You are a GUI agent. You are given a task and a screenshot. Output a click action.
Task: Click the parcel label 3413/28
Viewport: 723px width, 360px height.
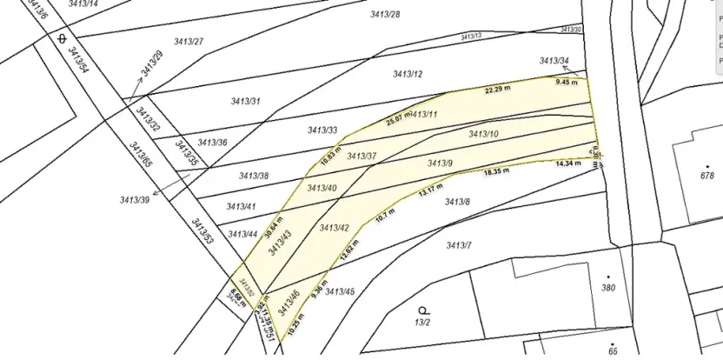(x=385, y=15)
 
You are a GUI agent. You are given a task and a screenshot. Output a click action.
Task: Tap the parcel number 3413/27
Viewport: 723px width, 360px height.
(x=189, y=42)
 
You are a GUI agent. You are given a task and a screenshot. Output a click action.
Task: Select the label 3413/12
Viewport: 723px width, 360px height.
(x=408, y=74)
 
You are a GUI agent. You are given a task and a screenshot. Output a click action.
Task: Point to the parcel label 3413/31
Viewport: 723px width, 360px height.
(x=245, y=102)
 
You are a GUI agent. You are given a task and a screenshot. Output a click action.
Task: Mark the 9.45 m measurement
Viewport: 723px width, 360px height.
(x=566, y=81)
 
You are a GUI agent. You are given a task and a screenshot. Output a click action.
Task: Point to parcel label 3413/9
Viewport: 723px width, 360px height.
(x=441, y=163)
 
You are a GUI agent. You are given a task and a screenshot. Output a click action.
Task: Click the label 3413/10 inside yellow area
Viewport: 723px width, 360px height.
(x=483, y=134)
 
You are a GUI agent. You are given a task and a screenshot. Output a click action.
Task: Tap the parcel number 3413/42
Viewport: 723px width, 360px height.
(x=335, y=228)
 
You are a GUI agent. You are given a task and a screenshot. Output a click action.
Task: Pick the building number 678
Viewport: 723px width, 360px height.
(x=706, y=176)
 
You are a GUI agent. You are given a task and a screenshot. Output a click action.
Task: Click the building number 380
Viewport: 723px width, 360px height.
(x=608, y=288)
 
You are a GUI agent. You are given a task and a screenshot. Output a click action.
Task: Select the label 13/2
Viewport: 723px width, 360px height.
(x=423, y=322)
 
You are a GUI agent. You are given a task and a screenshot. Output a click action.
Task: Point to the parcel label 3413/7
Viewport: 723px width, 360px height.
(x=459, y=245)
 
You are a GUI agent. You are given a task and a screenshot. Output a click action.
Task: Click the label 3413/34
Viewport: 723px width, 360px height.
(x=554, y=61)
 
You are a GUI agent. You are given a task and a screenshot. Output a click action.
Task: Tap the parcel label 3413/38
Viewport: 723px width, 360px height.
(x=254, y=176)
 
